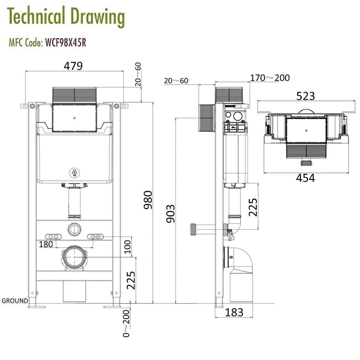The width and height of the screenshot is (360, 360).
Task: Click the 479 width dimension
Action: tap(73, 66)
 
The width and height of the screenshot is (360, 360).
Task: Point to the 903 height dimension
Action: tap(170, 213)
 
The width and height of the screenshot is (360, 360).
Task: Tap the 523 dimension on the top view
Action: tap(305, 96)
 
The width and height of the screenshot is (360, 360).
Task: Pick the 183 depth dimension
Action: tap(234, 312)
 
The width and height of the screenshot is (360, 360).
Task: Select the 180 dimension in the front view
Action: tap(46, 244)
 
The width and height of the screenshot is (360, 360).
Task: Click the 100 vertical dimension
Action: tap(127, 248)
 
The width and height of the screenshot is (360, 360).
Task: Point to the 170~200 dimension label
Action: tap(270, 78)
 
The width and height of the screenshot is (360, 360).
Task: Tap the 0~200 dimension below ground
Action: tap(126, 323)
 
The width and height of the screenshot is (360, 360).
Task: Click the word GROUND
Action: tap(15, 301)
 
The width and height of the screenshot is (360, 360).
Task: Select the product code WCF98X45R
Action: tap(66, 43)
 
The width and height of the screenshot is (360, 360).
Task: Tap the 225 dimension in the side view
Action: tap(253, 207)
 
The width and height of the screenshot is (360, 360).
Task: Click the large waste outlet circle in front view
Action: tap(75, 257)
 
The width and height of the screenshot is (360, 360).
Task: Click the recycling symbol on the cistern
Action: tap(75, 173)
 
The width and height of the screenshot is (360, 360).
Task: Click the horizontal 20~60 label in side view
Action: tap(176, 81)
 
